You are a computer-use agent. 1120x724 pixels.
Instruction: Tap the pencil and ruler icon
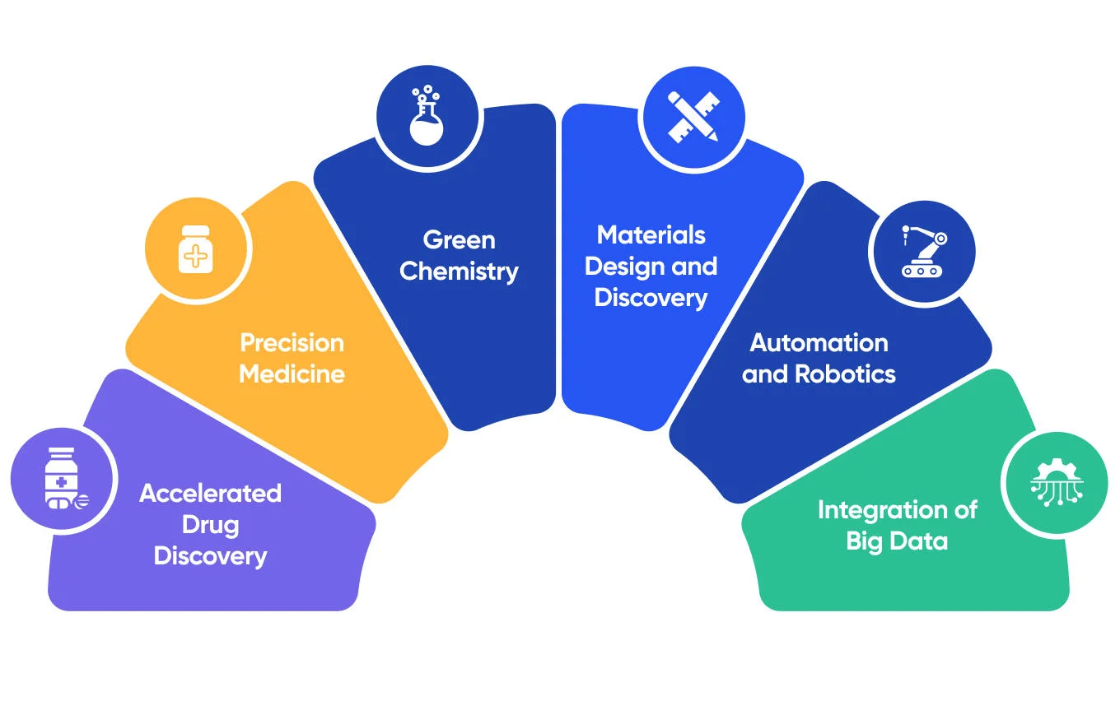pos(693,117)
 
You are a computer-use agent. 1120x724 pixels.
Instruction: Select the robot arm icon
pos(922,251)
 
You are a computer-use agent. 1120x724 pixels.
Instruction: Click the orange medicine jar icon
pos(196,248)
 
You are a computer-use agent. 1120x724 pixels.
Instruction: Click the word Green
pos(459,239)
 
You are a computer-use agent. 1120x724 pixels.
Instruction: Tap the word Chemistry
pos(459,271)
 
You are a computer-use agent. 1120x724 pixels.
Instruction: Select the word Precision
pos(292,342)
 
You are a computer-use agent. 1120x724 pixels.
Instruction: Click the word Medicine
pos(292,374)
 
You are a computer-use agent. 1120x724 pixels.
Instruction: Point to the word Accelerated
pos(210,493)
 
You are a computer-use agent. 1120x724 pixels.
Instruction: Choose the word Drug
pos(210,524)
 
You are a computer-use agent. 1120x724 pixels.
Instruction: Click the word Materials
pos(651,234)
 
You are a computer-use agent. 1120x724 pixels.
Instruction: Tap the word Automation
pos(819,342)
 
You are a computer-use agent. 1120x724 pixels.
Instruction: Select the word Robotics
pos(845,374)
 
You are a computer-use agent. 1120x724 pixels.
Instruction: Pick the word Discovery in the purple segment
pos(210,555)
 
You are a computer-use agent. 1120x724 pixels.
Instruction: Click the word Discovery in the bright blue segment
pos(651,297)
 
